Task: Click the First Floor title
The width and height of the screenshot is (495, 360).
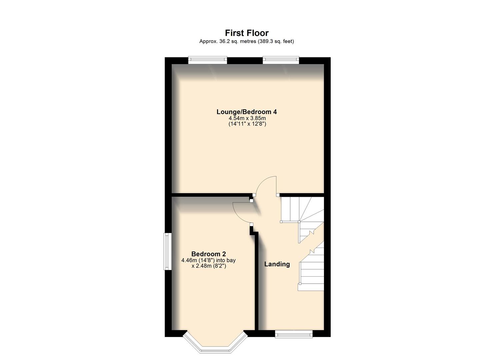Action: [247, 33]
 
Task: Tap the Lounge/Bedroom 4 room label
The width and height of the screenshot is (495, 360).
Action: [247, 112]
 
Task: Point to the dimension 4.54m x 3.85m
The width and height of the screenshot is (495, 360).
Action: [247, 118]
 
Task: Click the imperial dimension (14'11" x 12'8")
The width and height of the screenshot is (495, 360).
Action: [247, 124]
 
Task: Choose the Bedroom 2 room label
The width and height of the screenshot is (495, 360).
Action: [208, 254]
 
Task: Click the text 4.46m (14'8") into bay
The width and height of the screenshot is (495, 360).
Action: [209, 260]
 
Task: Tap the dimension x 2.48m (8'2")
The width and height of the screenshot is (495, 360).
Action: [209, 266]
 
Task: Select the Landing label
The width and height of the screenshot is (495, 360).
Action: [277, 264]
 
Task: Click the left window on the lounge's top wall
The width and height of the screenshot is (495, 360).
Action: [207, 60]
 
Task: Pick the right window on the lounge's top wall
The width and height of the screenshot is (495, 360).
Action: [281, 60]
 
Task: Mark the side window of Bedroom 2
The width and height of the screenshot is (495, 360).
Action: [167, 251]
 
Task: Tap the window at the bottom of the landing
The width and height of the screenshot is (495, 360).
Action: [294, 334]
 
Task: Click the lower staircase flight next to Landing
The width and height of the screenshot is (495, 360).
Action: [312, 270]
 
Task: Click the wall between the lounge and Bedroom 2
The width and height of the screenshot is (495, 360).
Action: [210, 195]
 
